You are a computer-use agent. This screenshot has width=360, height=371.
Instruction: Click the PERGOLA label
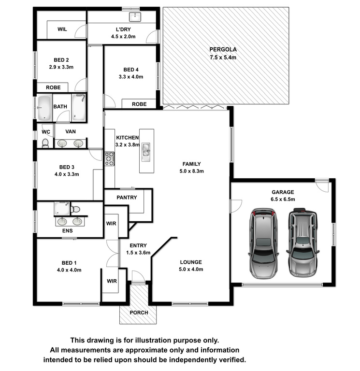click(x=223, y=49)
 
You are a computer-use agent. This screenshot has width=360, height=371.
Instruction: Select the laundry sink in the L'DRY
click(x=135, y=17)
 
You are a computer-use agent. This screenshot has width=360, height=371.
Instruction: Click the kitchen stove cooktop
click(x=109, y=159)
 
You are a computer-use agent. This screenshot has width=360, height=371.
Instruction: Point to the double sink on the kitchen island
click(x=146, y=152)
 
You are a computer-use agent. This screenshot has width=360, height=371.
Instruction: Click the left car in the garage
click(x=263, y=243)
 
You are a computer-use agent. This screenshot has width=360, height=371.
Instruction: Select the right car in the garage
click(x=302, y=243)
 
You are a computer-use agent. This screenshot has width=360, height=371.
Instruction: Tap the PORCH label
click(x=139, y=313)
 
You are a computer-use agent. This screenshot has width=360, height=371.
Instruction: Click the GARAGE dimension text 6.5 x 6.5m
click(x=283, y=199)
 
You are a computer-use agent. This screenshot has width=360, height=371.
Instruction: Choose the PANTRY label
click(x=127, y=197)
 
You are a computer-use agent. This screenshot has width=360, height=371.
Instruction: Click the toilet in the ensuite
click(x=75, y=209)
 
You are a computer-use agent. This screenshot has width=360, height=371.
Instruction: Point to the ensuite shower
click(x=62, y=209)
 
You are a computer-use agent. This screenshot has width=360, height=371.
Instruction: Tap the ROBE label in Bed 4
click(x=139, y=104)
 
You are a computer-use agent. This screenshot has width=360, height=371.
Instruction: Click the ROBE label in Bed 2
click(x=53, y=87)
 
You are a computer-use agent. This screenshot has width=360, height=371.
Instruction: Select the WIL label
click(x=62, y=29)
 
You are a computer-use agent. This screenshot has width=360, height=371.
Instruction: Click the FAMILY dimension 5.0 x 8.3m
click(x=191, y=171)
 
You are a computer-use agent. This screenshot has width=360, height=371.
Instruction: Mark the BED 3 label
click(x=67, y=167)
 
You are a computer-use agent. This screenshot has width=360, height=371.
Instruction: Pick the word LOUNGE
click(x=191, y=262)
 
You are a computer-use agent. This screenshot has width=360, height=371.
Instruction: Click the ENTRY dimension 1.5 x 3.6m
click(x=138, y=253)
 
